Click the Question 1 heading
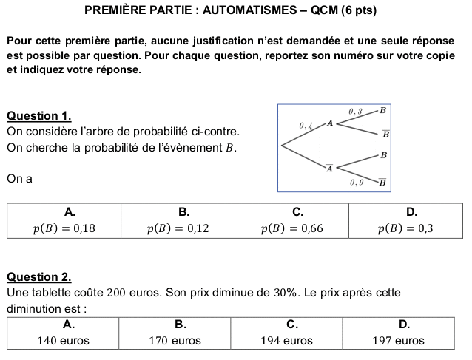tap(38, 116)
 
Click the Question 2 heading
tap(38, 277)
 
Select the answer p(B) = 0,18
tap(64, 228)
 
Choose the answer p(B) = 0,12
tap(178, 228)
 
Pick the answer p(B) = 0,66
tap(292, 228)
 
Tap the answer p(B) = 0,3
tap(405, 228)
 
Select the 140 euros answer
tap(64, 341)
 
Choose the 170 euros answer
tap(175, 341)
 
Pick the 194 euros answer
tap(286, 341)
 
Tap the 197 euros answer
tap(399, 341)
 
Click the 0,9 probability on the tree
tap(357, 181)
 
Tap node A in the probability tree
tap(330, 123)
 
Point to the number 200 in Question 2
tap(117, 292)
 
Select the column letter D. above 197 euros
tap(404, 324)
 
